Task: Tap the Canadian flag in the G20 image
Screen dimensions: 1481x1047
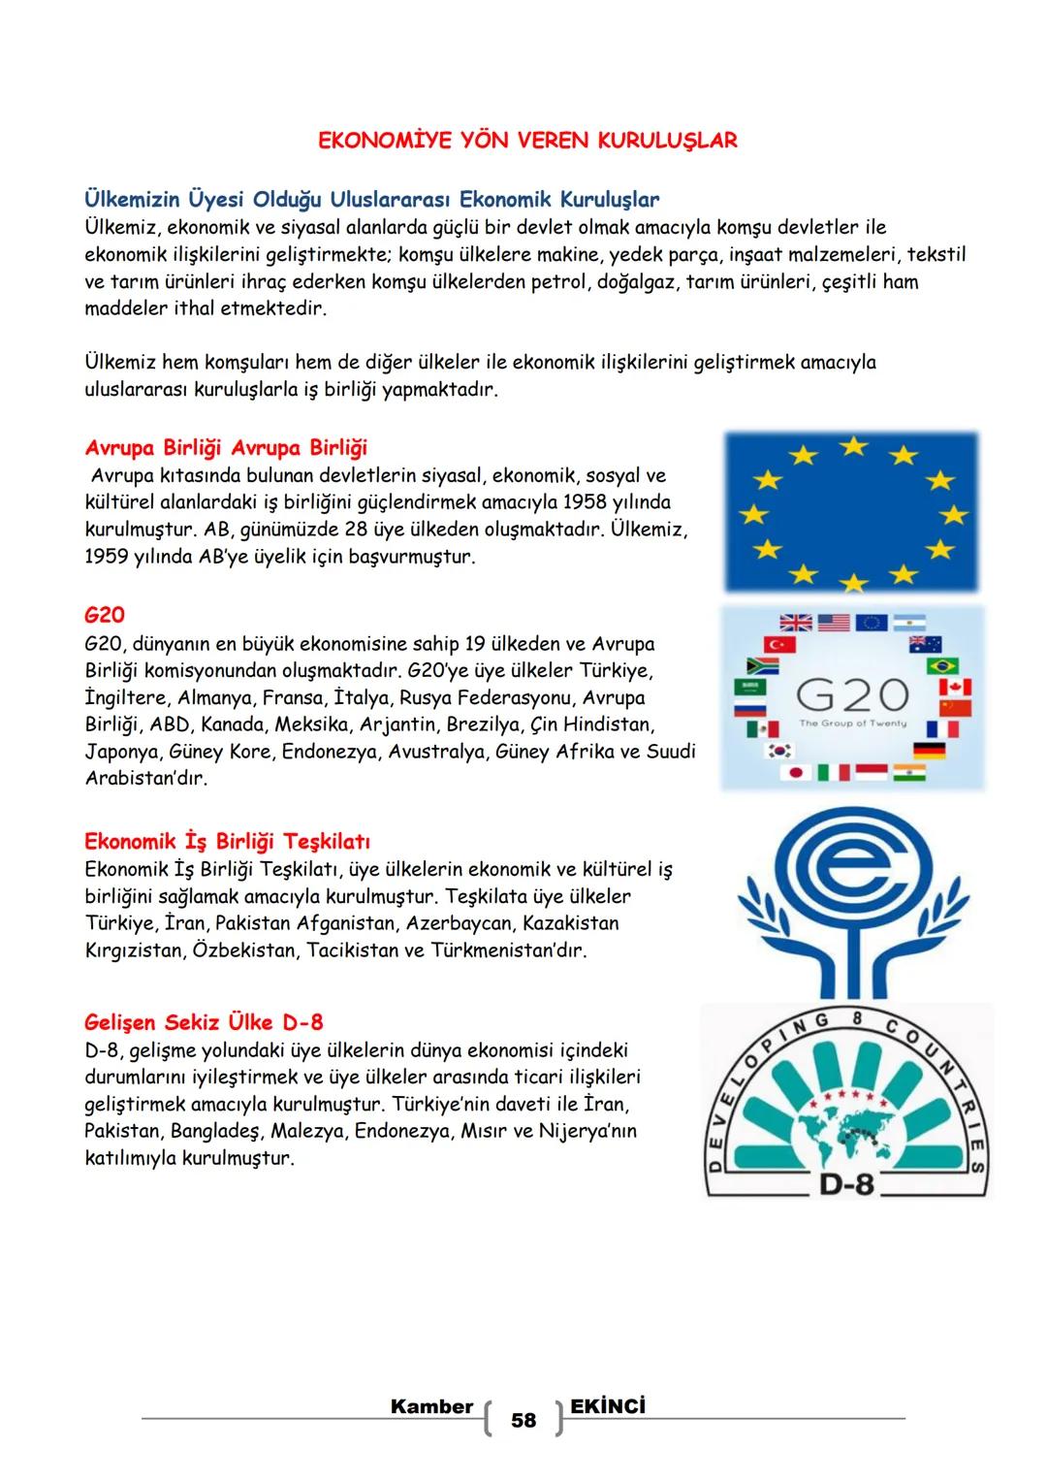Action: point(955,687)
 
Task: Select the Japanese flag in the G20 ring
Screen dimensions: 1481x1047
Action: point(795,773)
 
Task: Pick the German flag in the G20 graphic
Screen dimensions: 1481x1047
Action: point(930,751)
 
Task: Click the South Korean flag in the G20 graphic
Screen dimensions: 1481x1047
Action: point(780,751)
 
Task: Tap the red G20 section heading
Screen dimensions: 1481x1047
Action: point(105,615)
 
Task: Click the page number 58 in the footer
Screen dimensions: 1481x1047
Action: point(523,1420)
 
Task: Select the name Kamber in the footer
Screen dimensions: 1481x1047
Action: point(431,1406)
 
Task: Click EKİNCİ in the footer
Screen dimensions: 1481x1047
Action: point(609,1406)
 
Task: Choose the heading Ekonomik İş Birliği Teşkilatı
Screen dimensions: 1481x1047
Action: point(228,841)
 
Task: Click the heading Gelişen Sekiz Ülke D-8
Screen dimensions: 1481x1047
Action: point(204,1022)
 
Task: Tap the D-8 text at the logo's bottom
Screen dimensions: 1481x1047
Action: point(846,1183)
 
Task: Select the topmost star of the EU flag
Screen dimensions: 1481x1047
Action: point(852,445)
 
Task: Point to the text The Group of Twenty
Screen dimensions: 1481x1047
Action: point(852,724)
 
